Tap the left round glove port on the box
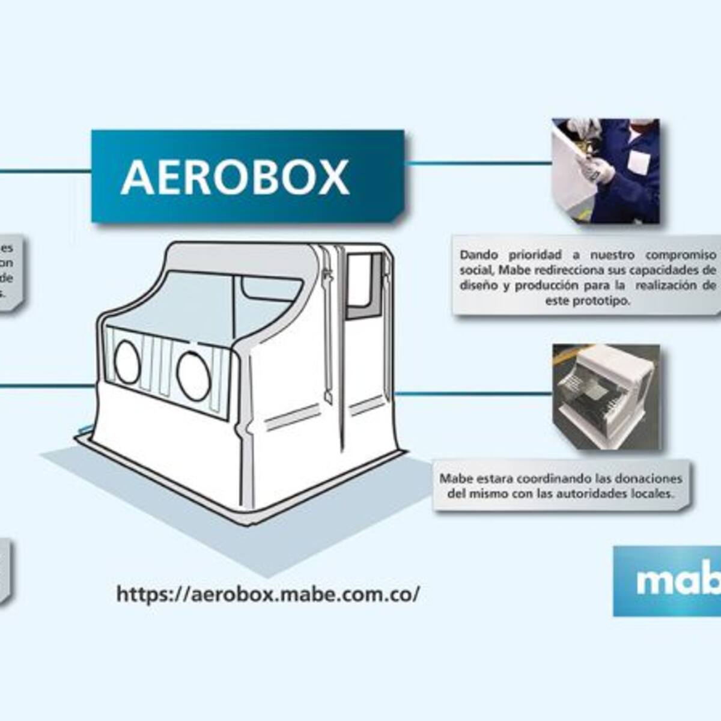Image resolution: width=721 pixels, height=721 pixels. point(127,362)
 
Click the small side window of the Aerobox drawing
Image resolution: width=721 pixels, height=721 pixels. point(364,285)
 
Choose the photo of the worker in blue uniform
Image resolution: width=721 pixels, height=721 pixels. point(606,171)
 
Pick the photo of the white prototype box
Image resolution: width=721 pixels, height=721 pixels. point(606,397)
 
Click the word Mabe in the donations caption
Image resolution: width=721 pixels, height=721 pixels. point(453,479)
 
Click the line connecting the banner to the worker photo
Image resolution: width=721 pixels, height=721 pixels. point(478,163)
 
